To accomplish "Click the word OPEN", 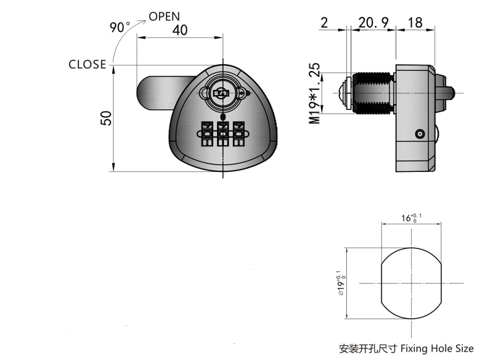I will tap(164, 16).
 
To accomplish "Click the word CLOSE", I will tap(87, 65).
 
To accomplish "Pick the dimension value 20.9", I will tap(373, 23).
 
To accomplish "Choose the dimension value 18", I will tap(415, 23).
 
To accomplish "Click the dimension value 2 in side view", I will tap(324, 23).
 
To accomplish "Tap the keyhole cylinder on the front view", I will tap(220, 92).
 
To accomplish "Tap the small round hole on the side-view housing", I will tap(419, 134).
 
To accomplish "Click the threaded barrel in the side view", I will tap(372, 92).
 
